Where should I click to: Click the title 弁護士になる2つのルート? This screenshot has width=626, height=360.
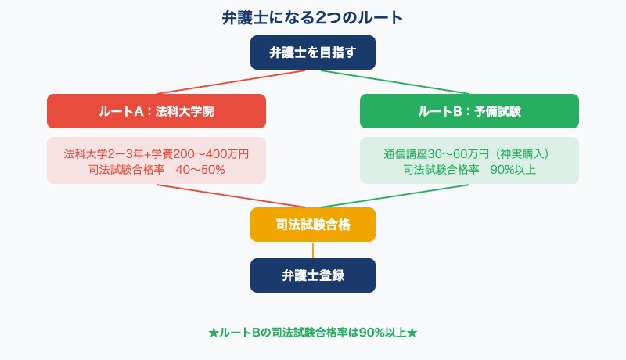pos(312,18)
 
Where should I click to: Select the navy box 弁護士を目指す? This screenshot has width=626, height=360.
pos(313,52)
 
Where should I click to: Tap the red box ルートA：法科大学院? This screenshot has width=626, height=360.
pos(156,111)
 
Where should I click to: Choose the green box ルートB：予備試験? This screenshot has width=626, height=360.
pos(469,111)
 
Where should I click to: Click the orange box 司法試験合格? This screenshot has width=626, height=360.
pos(313,225)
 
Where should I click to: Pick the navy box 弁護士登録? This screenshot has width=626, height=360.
pos(313,275)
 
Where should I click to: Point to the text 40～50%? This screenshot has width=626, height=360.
pos(200,170)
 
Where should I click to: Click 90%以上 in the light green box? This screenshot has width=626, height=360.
pos(513,170)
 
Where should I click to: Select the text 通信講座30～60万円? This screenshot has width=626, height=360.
pos(437,154)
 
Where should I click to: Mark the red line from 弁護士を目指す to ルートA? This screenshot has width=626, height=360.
pos(231,82)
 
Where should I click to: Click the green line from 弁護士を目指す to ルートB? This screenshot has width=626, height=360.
pos(395,82)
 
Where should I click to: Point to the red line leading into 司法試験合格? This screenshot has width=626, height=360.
pos(231,196)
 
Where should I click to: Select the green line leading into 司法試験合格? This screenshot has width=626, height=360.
pos(395,196)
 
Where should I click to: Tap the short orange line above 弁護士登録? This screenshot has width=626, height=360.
pos(313,250)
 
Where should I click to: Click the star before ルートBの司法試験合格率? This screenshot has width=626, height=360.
pos(214,333)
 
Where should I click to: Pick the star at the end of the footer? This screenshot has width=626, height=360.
pos(412,333)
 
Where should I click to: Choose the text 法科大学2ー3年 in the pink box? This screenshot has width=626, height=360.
pos(103,154)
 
